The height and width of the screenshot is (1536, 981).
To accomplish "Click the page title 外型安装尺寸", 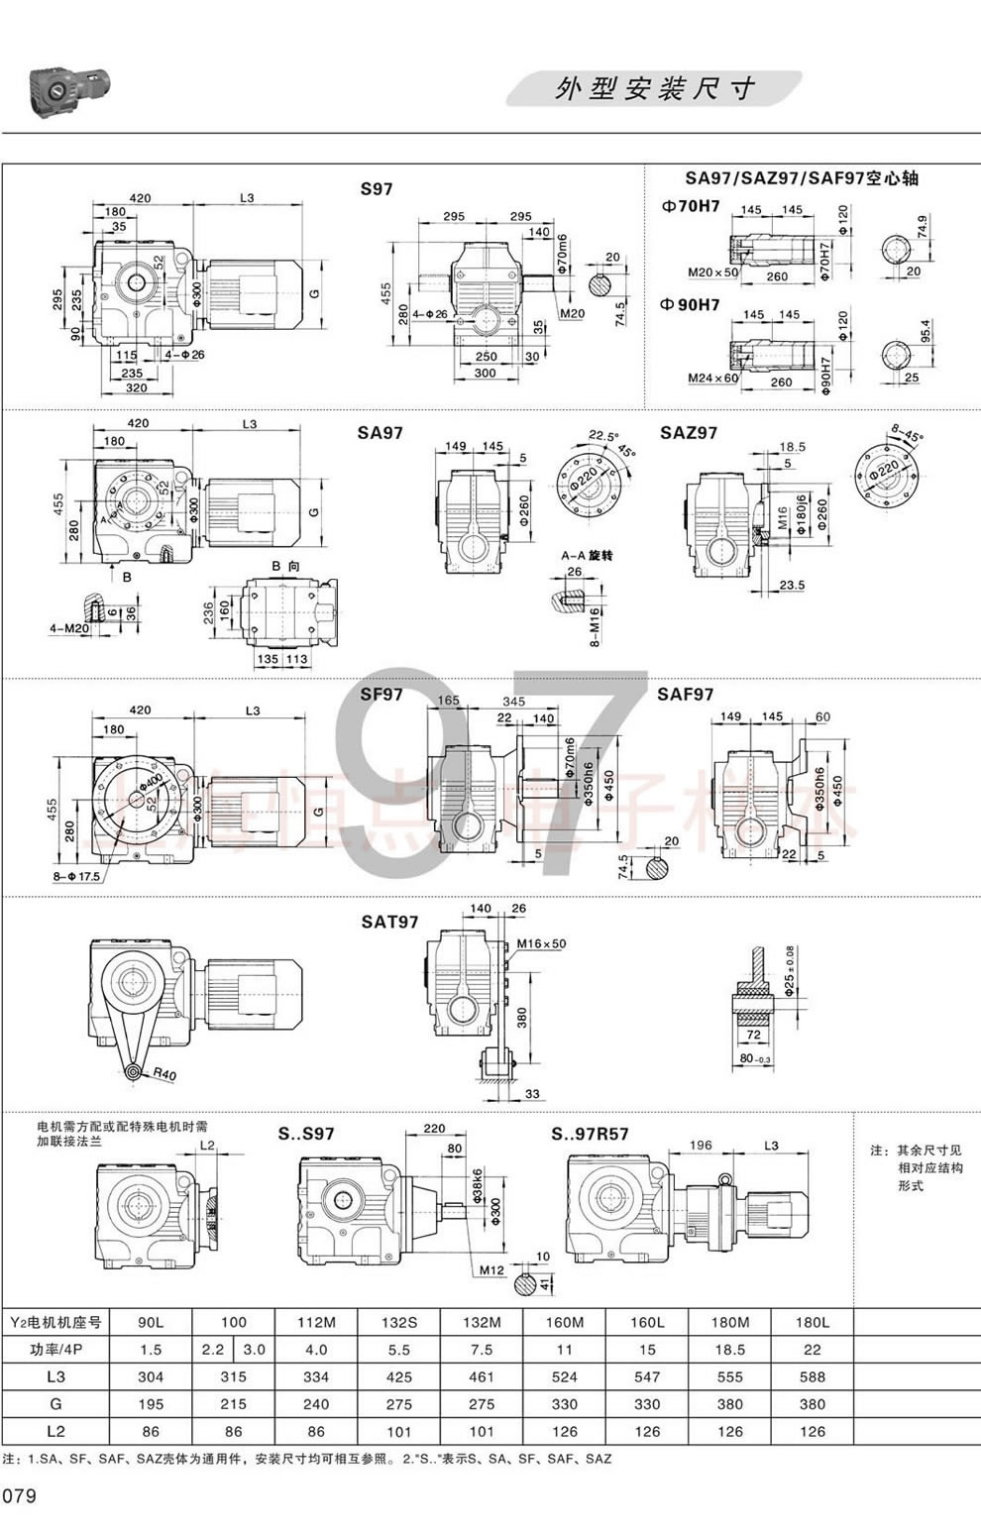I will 655,89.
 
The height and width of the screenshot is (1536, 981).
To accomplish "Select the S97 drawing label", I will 377,188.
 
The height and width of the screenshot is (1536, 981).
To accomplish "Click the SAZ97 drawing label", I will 689,433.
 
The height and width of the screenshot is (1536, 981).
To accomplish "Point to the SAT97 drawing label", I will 389,922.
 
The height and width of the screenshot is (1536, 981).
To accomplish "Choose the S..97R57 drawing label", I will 590,1134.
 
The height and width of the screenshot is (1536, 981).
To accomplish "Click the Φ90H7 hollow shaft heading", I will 690,304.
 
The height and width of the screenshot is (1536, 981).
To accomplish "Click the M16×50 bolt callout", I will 541,943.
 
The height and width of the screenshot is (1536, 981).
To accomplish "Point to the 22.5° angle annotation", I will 601,435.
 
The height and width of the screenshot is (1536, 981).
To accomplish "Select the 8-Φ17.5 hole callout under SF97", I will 77,877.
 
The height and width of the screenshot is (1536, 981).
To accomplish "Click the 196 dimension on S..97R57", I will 701,1145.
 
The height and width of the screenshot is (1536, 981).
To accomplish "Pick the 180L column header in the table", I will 812,1322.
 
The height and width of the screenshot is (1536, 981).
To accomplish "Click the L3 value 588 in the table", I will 812,1376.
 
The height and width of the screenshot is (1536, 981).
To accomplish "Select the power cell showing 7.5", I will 482,1349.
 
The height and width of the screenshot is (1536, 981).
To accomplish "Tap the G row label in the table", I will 55,1403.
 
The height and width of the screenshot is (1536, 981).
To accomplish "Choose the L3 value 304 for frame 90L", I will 151,1376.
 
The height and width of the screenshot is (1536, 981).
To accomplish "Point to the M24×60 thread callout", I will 713,378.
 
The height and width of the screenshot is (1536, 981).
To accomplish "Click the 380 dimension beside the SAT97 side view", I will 522,1017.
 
